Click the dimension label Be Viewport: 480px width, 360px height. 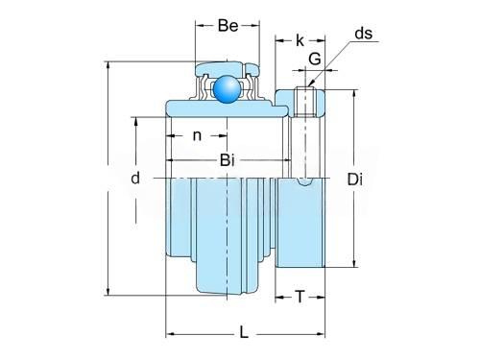228,26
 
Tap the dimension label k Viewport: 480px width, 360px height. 300,40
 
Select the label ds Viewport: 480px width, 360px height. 364,34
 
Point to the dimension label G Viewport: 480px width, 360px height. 315,59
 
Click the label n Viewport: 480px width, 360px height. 197,136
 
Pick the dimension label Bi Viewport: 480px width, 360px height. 228,160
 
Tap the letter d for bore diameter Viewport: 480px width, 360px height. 135,178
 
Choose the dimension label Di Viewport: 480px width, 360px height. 355,180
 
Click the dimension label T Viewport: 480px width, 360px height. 300,297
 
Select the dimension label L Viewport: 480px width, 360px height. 244,332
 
